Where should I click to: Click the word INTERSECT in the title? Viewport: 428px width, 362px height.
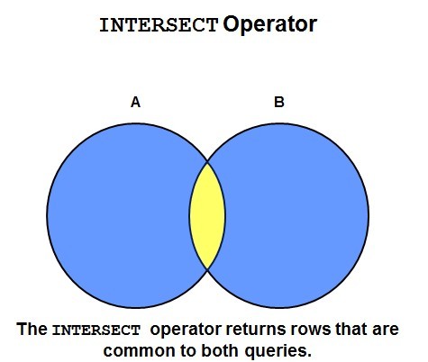coord(159,25)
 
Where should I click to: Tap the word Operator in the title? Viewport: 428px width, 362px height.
coord(269,25)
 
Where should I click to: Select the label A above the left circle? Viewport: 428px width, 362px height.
coord(135,102)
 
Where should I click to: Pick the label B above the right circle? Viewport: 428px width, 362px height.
coord(279,102)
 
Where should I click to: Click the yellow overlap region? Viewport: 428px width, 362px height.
coord(207,215)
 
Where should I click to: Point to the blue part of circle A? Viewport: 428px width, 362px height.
coord(119,215)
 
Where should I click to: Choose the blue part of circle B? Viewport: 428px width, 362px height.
coord(296,215)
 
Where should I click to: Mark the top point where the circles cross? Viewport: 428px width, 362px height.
coord(207,162)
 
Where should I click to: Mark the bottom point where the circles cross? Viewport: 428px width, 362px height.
coord(207,269)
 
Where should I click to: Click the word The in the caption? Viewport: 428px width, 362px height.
coord(32,329)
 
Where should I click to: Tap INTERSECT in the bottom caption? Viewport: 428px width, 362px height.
coord(96,330)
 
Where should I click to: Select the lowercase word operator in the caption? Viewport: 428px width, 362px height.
coord(186,330)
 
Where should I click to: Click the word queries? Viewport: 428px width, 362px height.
coord(278,351)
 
